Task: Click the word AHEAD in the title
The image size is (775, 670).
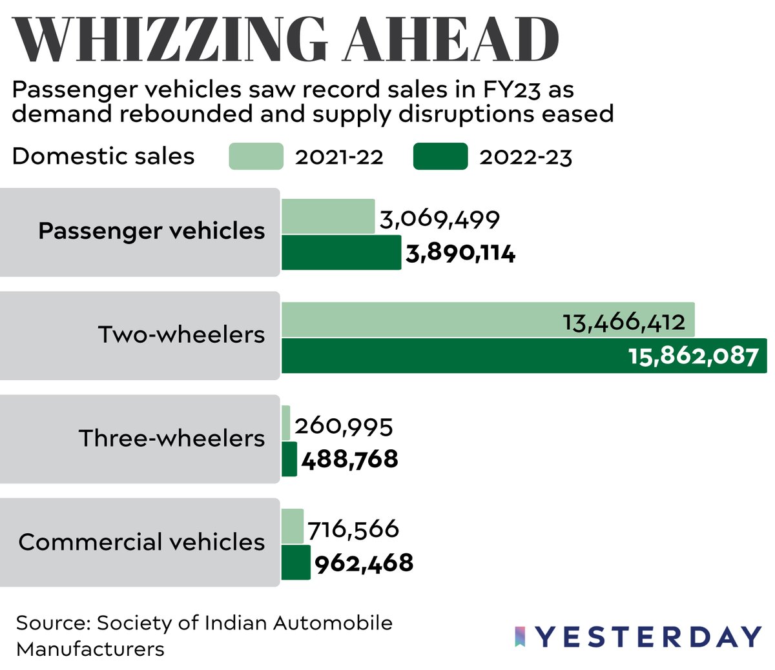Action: (451, 40)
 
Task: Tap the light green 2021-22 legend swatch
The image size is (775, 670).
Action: (256, 156)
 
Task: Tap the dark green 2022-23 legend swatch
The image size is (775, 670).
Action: (440, 156)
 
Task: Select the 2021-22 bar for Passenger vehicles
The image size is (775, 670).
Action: (328, 216)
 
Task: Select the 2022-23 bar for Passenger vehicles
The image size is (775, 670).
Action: (341, 252)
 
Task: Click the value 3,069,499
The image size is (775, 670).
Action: (440, 219)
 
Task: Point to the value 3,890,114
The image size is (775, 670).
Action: (460, 254)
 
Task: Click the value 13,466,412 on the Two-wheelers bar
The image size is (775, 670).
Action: (623, 321)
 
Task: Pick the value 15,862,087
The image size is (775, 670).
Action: (693, 356)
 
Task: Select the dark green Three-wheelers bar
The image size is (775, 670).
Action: (289, 459)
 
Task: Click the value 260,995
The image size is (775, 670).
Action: (344, 426)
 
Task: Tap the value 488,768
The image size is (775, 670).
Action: (349, 460)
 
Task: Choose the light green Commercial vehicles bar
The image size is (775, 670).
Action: (293, 526)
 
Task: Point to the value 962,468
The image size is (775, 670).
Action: (364, 563)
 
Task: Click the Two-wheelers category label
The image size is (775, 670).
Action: (181, 334)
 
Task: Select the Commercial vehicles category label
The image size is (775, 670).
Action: (141, 542)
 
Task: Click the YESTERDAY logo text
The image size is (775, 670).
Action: (649, 637)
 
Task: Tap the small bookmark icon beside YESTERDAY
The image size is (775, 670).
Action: (520, 636)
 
